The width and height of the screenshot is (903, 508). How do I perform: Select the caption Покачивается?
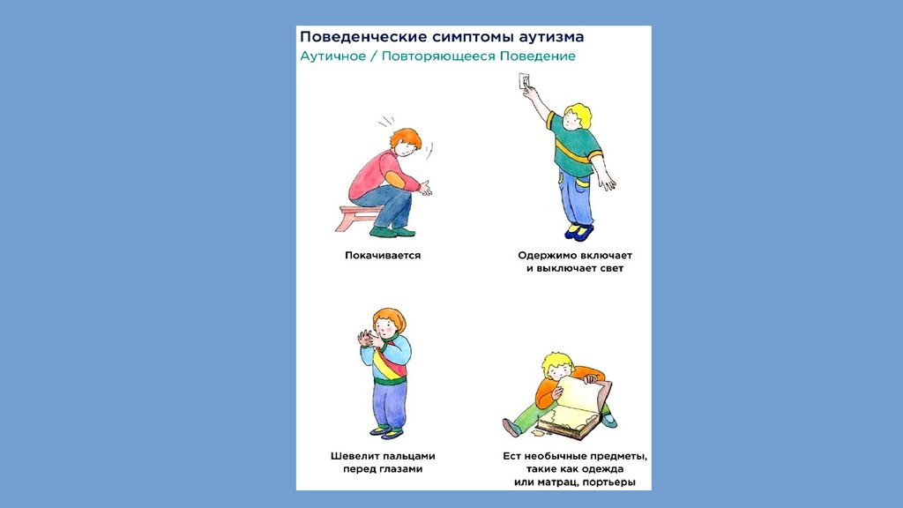[383, 255]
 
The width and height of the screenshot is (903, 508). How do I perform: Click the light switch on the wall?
[524, 80]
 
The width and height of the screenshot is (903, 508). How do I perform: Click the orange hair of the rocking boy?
[406, 138]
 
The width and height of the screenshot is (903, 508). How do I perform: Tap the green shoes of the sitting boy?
[392, 231]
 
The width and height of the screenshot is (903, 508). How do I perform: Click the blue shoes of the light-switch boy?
[579, 232]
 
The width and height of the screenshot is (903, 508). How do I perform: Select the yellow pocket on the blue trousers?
[583, 181]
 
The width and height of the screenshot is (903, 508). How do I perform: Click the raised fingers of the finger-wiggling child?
[366, 338]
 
